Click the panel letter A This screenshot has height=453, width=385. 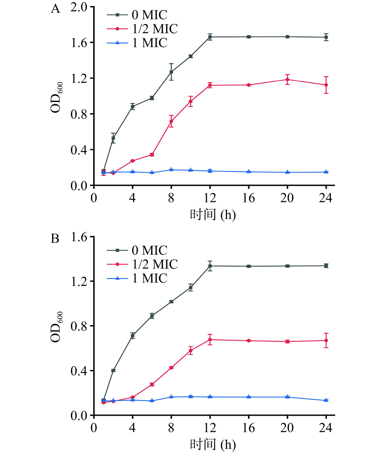(x=55, y=9)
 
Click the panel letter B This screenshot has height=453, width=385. (x=55, y=239)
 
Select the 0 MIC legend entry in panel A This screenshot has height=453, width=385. (x=137, y=15)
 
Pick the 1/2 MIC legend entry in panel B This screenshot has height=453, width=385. (x=142, y=264)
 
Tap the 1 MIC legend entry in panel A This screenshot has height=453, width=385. (x=137, y=43)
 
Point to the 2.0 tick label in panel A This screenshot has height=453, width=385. (x=79, y=7)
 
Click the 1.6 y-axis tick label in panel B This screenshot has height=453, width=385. (x=79, y=237)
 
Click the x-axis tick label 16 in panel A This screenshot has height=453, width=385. (x=248, y=198)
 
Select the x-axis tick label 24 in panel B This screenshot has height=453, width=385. (x=325, y=428)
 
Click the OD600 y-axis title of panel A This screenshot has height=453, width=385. (x=57, y=97)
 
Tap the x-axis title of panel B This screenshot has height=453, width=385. (x=213, y=444)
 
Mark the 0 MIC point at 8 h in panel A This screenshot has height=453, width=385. (x=171, y=72)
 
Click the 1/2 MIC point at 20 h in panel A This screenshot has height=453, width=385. (x=287, y=79)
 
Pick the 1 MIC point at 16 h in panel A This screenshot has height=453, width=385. (x=249, y=172)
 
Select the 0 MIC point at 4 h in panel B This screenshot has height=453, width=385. (x=133, y=336)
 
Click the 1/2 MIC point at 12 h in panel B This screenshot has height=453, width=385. (x=210, y=339)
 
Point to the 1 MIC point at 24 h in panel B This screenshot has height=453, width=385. (x=326, y=400)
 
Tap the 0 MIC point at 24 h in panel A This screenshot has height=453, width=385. (x=326, y=37)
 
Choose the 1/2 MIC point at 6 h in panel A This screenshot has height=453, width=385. (x=152, y=155)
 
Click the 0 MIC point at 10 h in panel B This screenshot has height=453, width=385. (x=191, y=287)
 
